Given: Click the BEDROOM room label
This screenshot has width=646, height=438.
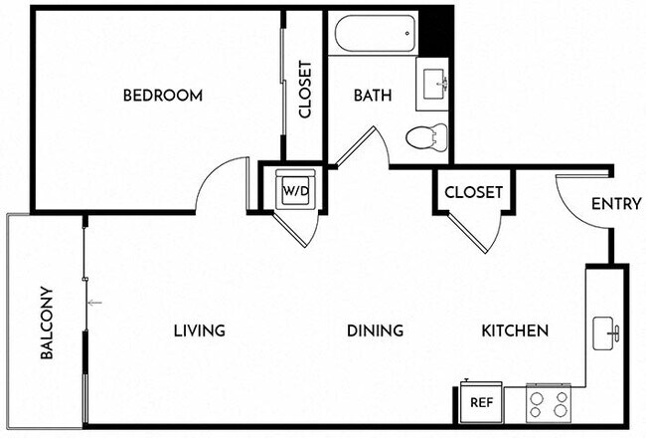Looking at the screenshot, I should click(x=163, y=96).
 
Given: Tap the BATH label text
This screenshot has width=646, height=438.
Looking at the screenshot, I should click(x=373, y=96).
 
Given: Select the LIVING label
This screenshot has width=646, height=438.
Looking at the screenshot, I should click(x=199, y=330).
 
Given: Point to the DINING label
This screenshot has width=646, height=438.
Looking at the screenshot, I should click(x=375, y=330).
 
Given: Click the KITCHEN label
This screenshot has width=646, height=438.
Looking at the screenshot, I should click(x=516, y=330).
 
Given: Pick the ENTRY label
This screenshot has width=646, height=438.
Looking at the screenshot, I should click(x=615, y=204).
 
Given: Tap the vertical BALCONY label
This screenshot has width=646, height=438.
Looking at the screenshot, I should click(x=47, y=324).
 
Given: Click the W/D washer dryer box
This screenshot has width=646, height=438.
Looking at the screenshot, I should click(x=295, y=189).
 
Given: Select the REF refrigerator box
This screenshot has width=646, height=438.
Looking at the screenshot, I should click(x=482, y=403).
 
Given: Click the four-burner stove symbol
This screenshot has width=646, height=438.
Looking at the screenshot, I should click(x=550, y=402).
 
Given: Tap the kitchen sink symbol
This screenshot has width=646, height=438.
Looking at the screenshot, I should click(x=606, y=333).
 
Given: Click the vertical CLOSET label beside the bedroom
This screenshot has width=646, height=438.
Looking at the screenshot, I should click(x=305, y=91).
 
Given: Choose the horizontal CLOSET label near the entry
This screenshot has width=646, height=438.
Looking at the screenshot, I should click(x=473, y=192).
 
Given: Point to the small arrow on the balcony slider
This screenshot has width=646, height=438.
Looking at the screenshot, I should click(x=94, y=302).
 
